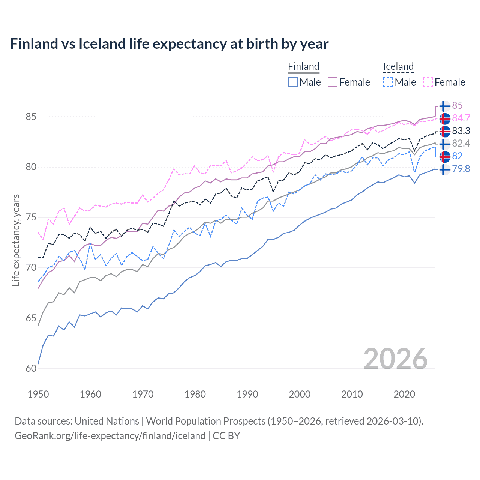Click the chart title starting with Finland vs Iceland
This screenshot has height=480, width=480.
click(x=169, y=44)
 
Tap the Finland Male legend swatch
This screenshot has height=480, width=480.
click(x=293, y=82)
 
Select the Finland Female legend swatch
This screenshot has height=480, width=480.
click(x=333, y=82)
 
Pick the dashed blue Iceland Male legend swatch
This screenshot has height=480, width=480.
click(x=388, y=82)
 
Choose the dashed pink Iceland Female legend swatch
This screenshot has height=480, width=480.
click(x=428, y=82)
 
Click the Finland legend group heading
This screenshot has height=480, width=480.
click(x=303, y=66)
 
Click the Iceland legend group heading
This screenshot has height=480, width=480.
click(x=398, y=66)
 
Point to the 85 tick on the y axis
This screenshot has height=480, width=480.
click(x=31, y=117)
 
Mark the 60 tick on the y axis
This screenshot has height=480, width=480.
click(x=31, y=369)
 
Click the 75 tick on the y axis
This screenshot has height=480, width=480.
click(x=31, y=217)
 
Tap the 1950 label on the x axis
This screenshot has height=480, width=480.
click(x=38, y=394)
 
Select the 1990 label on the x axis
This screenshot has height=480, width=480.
click(x=247, y=394)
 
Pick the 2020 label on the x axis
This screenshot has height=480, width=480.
click(x=404, y=394)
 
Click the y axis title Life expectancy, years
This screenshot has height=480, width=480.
click(x=16, y=240)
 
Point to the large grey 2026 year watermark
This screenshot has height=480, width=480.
click(x=395, y=359)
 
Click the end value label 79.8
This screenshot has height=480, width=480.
click(x=461, y=169)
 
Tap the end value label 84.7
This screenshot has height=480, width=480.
click(x=461, y=118)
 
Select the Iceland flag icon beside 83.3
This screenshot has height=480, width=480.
click(x=445, y=131)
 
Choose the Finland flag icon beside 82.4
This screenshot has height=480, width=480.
click(x=445, y=144)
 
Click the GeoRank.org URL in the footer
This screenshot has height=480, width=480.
click(x=110, y=436)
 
